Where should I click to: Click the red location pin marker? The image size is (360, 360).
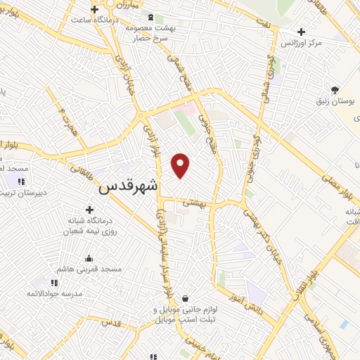pos(181,165)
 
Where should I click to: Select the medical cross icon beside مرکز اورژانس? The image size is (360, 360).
pos(301,32)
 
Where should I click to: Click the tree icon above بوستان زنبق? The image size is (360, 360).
pos(335,90)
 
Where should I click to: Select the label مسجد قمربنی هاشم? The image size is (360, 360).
pos(92,269)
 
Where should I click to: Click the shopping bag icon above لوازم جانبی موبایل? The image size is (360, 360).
pos(185,299)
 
